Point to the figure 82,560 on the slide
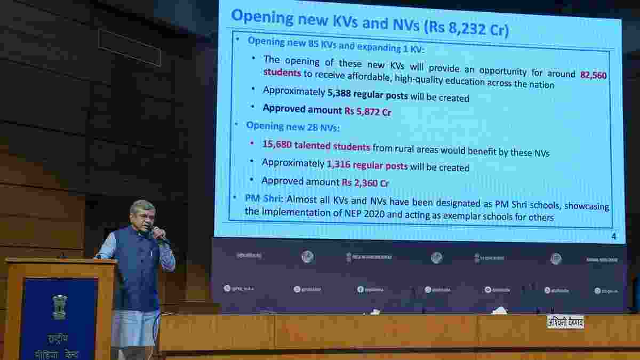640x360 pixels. tap(593, 75)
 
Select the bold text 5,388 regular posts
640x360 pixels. tap(367, 96)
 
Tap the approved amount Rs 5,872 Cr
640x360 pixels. tap(367, 111)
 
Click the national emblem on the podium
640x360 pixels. tap(60, 306)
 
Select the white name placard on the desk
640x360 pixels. tap(565, 322)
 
